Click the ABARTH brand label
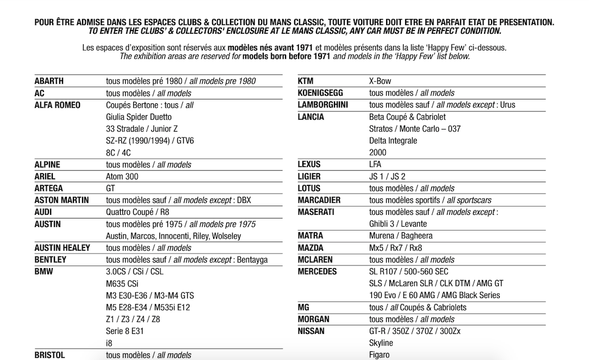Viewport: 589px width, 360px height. (49, 81)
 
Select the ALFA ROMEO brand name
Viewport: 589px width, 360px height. (57, 105)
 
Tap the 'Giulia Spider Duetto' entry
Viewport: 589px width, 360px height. (139, 117)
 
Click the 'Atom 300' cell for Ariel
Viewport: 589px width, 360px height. (122, 177)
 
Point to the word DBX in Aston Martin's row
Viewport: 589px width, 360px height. (244, 200)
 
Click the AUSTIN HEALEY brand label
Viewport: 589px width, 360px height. (62, 248)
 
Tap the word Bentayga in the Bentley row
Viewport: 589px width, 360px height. (252, 260)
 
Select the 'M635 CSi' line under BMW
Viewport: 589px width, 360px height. (122, 284)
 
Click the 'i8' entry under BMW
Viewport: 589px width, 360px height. (109, 343)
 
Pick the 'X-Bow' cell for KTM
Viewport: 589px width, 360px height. (380, 81)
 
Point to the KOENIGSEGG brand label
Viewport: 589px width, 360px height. (320, 93)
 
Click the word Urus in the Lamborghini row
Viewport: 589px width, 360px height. (506, 105)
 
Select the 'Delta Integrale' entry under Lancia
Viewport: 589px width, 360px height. (393, 140)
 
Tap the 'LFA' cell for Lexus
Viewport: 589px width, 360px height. (375, 164)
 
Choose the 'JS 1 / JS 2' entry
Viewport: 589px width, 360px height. (387, 176)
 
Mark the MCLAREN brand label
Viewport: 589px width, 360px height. (315, 260)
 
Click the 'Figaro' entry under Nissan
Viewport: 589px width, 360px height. (379, 355)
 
